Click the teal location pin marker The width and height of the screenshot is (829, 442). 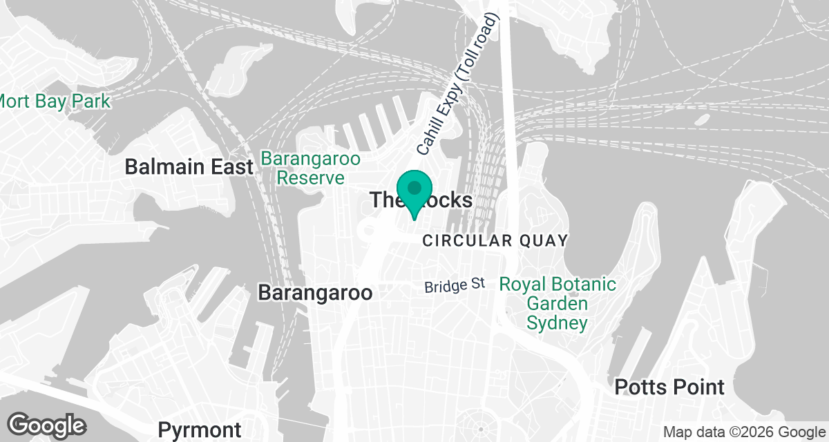[414, 193]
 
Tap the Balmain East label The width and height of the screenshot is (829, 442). [189, 167]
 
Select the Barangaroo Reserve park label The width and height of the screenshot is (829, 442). [310, 169]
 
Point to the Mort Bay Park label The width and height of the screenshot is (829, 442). [54, 102]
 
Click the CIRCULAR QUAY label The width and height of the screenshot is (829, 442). [495, 241]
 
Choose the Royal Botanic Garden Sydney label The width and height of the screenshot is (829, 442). [558, 303]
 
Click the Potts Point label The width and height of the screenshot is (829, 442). [669, 387]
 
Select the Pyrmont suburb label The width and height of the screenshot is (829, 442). [200, 430]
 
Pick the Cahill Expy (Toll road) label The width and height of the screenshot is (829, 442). [457, 85]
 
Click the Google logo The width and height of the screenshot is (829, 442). [47, 425]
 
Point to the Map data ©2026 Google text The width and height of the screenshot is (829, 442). [743, 432]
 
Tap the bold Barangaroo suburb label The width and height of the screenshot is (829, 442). [315, 293]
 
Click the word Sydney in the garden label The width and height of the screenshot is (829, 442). [558, 323]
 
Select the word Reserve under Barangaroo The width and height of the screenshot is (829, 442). [310, 178]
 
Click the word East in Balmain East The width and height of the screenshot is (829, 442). [231, 167]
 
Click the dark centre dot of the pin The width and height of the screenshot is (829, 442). [414, 187]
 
